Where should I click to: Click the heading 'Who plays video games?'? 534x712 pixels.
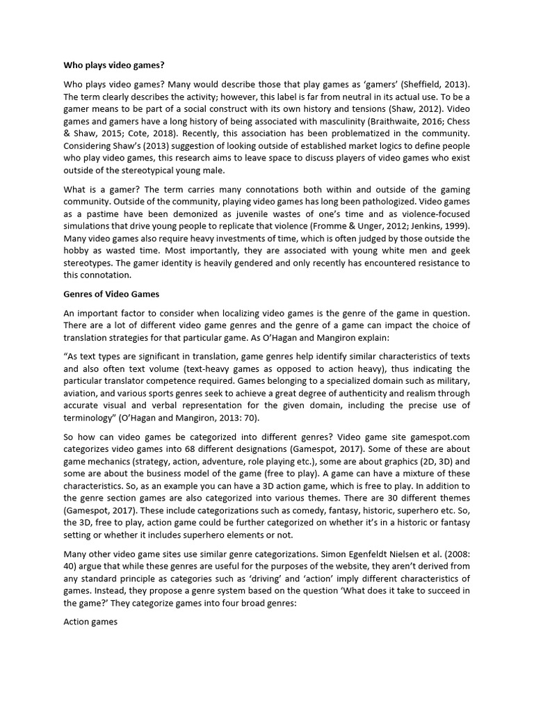point(113,65)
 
